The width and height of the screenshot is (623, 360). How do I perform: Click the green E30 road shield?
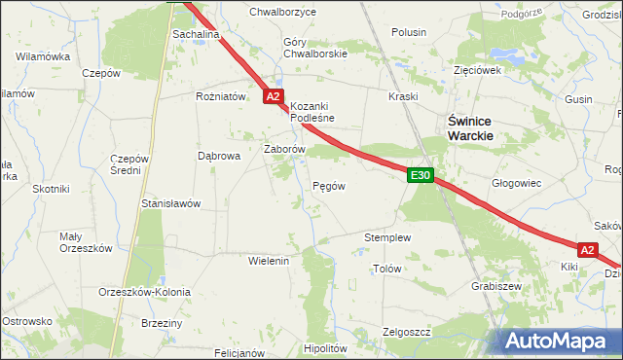point(420,175)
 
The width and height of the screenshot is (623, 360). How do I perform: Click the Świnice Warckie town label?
point(470,128)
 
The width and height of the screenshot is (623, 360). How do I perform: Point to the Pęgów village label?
point(327,185)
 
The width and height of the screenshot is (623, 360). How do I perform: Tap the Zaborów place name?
point(285,150)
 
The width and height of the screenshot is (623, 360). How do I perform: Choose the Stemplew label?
point(387,237)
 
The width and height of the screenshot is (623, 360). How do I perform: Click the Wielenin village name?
point(270,262)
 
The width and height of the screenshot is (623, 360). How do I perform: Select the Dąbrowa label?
point(218,155)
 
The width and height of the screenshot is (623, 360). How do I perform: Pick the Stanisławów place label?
point(170,204)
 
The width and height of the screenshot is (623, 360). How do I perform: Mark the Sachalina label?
point(196,34)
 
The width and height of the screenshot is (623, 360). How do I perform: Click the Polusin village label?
point(409,32)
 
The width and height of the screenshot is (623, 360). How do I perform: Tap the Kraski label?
point(403,97)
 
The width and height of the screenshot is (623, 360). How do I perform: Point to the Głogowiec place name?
point(516,183)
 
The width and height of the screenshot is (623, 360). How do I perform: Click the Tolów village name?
point(387,268)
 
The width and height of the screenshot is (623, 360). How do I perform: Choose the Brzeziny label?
point(163,323)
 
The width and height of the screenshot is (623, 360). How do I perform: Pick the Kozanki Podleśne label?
point(312,112)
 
